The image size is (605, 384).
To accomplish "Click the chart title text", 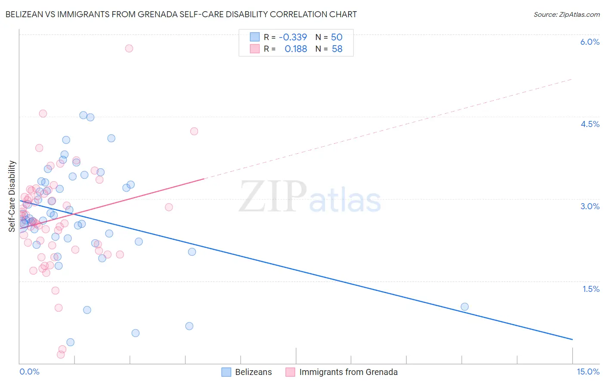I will point(181,14).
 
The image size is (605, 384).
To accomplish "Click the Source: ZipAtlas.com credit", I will point(566,14).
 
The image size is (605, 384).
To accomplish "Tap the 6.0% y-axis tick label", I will point(590,42).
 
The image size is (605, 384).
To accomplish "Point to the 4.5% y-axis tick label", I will point(590,124).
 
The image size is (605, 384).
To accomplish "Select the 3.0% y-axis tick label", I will point(590,206).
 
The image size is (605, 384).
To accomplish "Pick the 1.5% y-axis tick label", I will point(591,289).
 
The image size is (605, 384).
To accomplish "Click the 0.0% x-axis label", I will point(29,372).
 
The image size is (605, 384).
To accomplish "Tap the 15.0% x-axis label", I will point(588,372).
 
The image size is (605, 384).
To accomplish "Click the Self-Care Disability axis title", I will point(12,196).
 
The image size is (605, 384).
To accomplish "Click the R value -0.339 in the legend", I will point(293,37).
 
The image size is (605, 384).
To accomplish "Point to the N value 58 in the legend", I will point(337,49).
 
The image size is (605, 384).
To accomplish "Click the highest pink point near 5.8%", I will point(129,48).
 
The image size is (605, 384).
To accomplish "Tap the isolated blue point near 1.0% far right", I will point(465,307).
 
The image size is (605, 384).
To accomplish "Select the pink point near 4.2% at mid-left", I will point(194,131).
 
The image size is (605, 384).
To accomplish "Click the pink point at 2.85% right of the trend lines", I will point(169,207).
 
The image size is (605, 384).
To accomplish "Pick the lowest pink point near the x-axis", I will point(61,354).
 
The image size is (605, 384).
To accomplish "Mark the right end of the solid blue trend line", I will point(572,340).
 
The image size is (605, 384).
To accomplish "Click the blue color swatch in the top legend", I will point(255,37).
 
